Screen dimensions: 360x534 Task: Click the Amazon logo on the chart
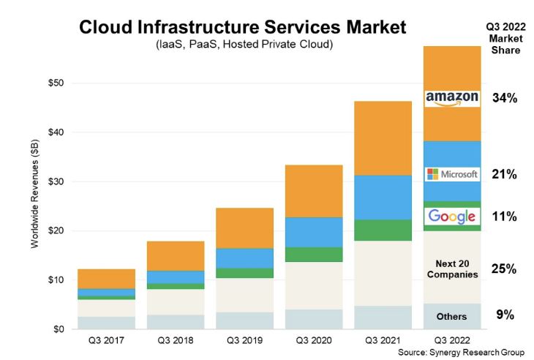point(452,99)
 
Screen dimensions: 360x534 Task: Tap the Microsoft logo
point(452,174)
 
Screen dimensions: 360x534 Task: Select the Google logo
point(452,216)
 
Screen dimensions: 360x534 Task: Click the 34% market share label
point(505,98)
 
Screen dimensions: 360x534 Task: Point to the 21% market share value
point(505,174)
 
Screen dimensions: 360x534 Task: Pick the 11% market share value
point(505,217)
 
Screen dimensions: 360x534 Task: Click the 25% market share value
point(505,269)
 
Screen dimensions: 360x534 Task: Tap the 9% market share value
point(505,315)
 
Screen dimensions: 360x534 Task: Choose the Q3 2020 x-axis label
point(313,340)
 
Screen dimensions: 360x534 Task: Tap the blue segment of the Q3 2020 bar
point(313,232)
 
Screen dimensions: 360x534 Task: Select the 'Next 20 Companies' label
point(452,268)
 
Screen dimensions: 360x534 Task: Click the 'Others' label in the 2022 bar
point(452,317)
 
